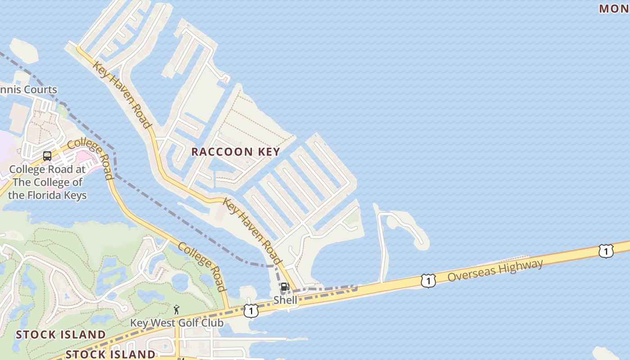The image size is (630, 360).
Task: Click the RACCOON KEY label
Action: click(x=235, y=152)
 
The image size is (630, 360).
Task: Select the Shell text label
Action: click(x=285, y=300)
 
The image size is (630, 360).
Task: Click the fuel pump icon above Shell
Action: click(x=285, y=287)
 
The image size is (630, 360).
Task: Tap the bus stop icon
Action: click(x=47, y=156)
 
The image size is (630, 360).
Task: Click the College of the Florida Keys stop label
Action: click(x=47, y=182)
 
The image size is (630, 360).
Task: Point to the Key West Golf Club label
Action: click(x=176, y=323)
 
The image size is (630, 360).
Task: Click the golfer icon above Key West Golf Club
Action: click(x=176, y=310)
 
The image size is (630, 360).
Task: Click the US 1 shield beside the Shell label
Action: click(x=251, y=310)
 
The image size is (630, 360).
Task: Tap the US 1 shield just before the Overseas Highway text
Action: click(x=428, y=281)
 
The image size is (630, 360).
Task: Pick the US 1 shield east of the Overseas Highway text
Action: click(x=606, y=251)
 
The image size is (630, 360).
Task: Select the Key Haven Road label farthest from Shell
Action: click(x=121, y=95)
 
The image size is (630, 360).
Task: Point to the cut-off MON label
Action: click(x=614, y=9)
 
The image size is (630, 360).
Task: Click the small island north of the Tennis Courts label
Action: click(x=23, y=50)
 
